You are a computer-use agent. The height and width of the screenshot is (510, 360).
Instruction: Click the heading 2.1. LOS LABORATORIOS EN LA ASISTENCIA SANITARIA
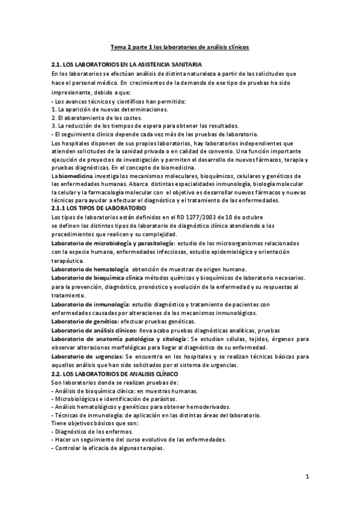click(x=127, y=64)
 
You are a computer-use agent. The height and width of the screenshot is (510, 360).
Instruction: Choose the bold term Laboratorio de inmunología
click(x=90, y=304)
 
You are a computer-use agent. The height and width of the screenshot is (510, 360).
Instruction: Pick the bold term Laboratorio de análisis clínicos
click(x=93, y=330)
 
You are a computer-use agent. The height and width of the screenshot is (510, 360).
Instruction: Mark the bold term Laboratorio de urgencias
click(x=88, y=357)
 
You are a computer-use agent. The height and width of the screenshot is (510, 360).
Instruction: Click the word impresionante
click(x=76, y=92)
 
